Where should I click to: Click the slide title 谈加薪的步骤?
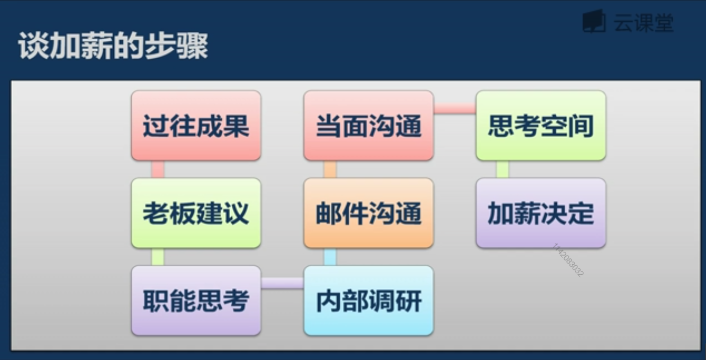click(113, 47)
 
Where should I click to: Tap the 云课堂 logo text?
click(644, 23)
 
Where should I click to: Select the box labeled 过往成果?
click(196, 125)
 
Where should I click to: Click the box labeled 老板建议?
click(196, 213)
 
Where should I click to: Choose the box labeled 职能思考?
click(196, 301)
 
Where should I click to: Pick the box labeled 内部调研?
click(368, 301)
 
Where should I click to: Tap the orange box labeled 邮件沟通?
click(368, 213)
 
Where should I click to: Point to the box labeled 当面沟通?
click(368, 125)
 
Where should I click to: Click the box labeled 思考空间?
click(540, 125)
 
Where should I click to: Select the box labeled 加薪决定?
click(540, 213)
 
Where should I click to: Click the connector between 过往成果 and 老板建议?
click(158, 169)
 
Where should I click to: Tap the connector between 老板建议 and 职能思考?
click(158, 257)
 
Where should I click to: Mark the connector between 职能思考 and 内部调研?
click(282, 284)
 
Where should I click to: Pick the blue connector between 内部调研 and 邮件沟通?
click(330, 257)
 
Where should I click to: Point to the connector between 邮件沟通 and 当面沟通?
click(330, 169)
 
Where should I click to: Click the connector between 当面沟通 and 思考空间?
click(455, 109)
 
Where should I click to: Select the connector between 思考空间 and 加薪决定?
click(502, 169)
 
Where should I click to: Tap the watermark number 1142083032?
click(568, 260)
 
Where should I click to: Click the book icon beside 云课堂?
click(594, 22)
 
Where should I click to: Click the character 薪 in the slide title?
click(94, 47)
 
